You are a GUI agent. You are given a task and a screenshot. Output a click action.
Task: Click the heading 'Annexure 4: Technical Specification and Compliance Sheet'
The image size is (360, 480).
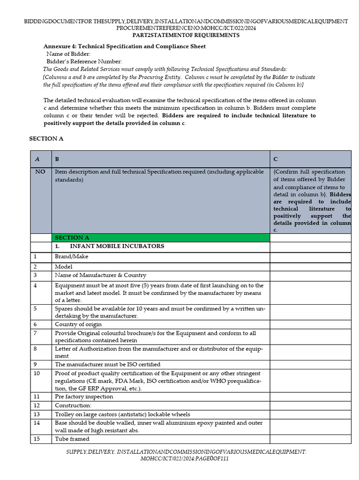click(124, 46)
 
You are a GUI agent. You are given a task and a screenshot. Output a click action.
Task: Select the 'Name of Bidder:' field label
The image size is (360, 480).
click(68, 54)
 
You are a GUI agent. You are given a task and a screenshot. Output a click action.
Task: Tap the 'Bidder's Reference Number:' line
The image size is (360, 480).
click(84, 61)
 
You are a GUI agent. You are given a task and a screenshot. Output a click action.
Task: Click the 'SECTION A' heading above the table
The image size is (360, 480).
click(46, 139)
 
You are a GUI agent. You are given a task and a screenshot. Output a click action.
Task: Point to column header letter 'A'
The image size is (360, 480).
click(37, 159)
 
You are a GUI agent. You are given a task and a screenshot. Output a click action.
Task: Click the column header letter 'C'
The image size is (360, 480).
click(276, 159)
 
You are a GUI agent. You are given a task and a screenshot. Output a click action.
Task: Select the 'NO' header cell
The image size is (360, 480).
click(40, 172)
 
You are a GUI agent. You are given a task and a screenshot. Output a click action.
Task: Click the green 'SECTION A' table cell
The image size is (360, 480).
click(161, 238)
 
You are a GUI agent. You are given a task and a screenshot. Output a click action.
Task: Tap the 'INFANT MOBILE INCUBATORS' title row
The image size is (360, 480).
click(110, 246)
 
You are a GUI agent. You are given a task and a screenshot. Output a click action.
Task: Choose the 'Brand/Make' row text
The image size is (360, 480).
click(71, 256)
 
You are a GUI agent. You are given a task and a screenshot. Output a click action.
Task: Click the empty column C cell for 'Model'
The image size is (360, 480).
click(310, 266)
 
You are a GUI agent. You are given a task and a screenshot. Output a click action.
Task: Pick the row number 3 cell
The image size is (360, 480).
click(35, 275)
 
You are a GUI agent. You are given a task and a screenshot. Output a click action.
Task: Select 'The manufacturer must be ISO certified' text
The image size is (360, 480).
click(107, 364)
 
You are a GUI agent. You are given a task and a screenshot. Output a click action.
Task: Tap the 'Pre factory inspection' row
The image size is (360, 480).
click(84, 397)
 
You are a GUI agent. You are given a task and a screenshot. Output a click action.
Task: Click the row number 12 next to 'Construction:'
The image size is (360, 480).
click(37, 405)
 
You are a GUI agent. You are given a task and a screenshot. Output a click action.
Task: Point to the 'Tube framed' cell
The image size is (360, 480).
click(72, 439)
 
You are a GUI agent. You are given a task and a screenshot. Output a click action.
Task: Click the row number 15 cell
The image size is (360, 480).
click(37, 439)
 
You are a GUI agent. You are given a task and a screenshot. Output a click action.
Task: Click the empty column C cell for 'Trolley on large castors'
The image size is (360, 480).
click(310, 414)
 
